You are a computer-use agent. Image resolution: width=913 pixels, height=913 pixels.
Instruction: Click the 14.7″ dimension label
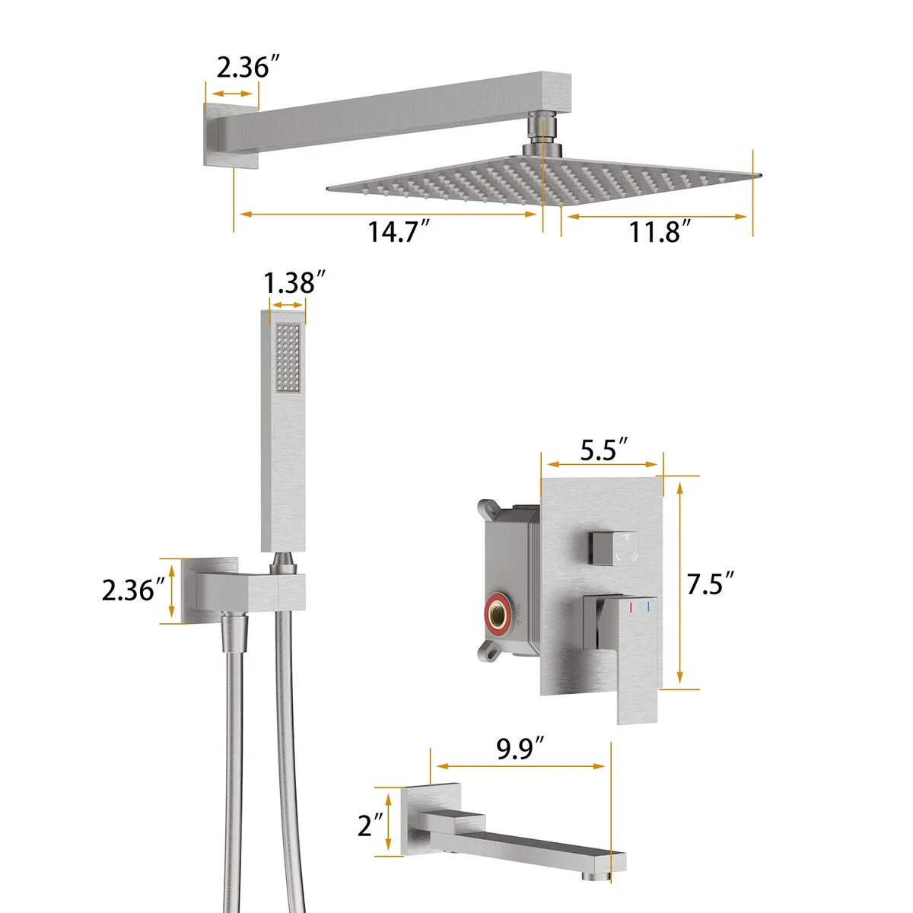coord(399,231)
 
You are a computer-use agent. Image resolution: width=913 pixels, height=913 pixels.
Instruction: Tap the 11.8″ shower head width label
coord(660,231)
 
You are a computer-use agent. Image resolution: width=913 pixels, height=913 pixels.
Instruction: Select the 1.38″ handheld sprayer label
coord(294,282)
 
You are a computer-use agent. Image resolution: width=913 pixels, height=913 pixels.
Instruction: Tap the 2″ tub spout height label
coord(371,825)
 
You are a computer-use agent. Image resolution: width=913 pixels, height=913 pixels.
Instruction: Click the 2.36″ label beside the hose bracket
coord(134,590)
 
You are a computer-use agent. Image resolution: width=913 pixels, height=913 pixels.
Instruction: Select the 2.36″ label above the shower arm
coord(248,67)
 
